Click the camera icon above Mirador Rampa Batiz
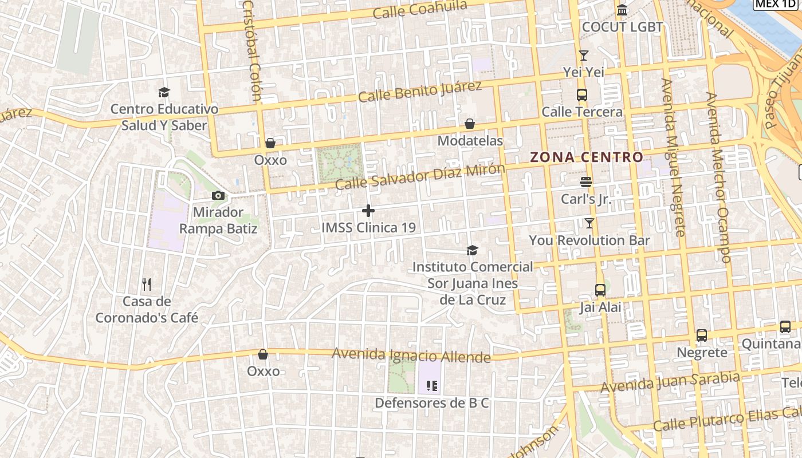[218, 196]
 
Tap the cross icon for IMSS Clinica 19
[368, 211]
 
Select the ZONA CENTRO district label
[586, 157]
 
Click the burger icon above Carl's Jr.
[585, 182]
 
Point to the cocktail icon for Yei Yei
[584, 56]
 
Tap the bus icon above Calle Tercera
[582, 95]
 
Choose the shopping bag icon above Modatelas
[470, 124]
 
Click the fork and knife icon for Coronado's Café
[147, 284]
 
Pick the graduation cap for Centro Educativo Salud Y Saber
[164, 92]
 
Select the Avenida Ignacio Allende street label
[411, 356]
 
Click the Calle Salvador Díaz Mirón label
[420, 176]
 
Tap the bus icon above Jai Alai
[600, 290]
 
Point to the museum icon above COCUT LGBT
[622, 10]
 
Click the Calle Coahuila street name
[420, 10]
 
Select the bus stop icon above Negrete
[702, 335]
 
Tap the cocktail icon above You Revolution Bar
[589, 223]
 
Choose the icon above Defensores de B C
[432, 386]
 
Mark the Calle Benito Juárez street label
[420, 92]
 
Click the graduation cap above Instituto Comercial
[472, 250]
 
